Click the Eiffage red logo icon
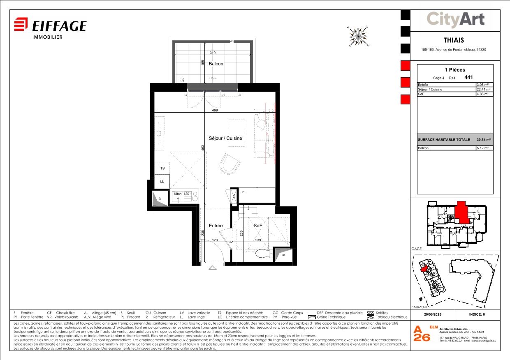[x=21, y=25]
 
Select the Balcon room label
[x=216, y=64]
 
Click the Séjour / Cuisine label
[x=225, y=138]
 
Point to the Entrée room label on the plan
[x=216, y=226]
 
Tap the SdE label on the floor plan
[x=258, y=226]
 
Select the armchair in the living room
[x=229, y=164]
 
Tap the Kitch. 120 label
[x=181, y=194]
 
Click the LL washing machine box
[x=162, y=181]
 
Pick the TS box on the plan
[x=162, y=168]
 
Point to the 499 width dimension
[x=214, y=111]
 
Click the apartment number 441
[x=468, y=77]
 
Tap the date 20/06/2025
[x=432, y=315]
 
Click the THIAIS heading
[x=454, y=40]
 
